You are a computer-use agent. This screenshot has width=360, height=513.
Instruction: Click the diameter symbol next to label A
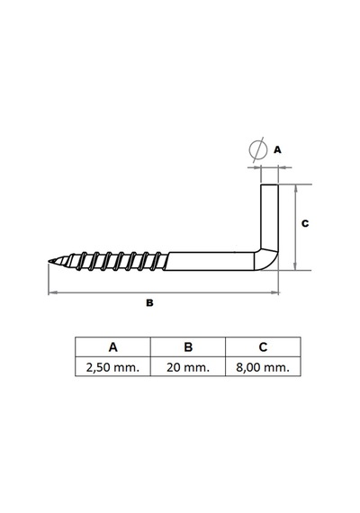[x=256, y=150]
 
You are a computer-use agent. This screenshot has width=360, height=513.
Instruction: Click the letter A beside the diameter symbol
[x=277, y=149]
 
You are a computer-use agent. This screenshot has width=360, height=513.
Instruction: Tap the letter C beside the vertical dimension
[x=305, y=223]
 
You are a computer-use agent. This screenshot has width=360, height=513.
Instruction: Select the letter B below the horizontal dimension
[x=149, y=303]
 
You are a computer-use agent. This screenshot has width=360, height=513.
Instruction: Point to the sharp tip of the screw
[x=49, y=261]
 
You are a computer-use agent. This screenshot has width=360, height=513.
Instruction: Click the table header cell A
[x=112, y=346]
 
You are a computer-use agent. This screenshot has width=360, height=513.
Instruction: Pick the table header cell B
[x=188, y=346]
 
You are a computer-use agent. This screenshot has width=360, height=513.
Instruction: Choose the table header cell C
[x=263, y=346]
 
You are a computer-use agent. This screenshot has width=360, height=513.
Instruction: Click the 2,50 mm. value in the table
[x=112, y=367]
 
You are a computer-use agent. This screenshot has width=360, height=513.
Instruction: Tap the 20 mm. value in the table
[x=188, y=367]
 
